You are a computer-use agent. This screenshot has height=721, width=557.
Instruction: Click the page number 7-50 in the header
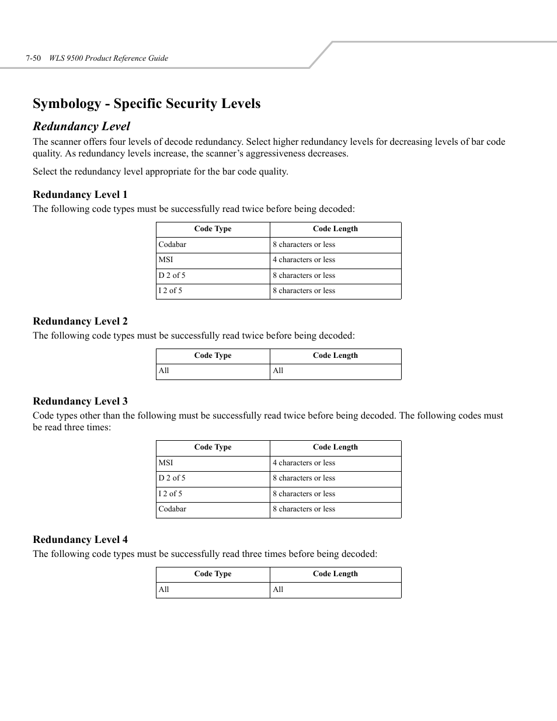(x=33, y=58)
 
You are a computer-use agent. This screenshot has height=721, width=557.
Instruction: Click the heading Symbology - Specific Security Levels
(x=147, y=103)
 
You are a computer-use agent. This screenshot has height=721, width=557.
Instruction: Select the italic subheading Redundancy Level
(x=81, y=126)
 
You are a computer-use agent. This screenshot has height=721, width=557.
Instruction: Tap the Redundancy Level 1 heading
(x=80, y=194)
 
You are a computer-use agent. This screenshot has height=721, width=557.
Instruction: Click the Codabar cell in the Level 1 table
(x=172, y=245)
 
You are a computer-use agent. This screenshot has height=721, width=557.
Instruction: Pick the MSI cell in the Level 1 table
(x=166, y=260)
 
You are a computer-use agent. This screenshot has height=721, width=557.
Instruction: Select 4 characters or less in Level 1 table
(x=304, y=260)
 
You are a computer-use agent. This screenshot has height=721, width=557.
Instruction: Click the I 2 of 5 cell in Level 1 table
(x=170, y=291)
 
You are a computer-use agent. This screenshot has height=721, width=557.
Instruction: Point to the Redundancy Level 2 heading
(x=80, y=321)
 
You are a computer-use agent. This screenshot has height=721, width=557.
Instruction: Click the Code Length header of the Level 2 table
(x=335, y=356)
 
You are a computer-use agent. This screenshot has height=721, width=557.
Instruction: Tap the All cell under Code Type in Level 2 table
(x=164, y=371)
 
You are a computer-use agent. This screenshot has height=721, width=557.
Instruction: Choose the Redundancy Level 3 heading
(x=80, y=401)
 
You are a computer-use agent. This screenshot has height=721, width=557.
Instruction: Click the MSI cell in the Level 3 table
(x=166, y=463)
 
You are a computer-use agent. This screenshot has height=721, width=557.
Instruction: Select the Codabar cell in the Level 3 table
(x=172, y=509)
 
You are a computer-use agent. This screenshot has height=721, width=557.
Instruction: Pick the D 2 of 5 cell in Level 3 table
(x=172, y=478)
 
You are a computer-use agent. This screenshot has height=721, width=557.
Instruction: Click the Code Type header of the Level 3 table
(x=213, y=447)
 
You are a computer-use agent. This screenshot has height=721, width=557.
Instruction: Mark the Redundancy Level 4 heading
(x=80, y=539)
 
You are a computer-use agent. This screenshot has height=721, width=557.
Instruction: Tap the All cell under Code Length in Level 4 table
(x=278, y=590)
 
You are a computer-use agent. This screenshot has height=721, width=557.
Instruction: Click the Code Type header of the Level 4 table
(x=213, y=574)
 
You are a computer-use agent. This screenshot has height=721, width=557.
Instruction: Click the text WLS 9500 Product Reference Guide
(x=109, y=58)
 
